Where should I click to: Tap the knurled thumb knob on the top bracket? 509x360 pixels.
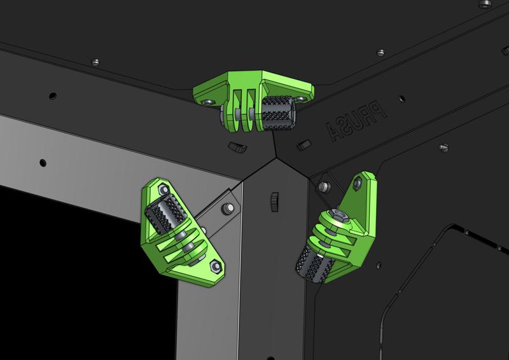pyautogui.click(x=277, y=111)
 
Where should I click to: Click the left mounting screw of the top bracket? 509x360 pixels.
pyautogui.click(x=207, y=100)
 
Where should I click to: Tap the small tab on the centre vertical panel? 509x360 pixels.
pyautogui.click(x=274, y=199)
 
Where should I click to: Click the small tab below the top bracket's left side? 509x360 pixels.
pyautogui.click(x=238, y=148)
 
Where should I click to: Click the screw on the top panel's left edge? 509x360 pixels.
pyautogui.click(x=95, y=62)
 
